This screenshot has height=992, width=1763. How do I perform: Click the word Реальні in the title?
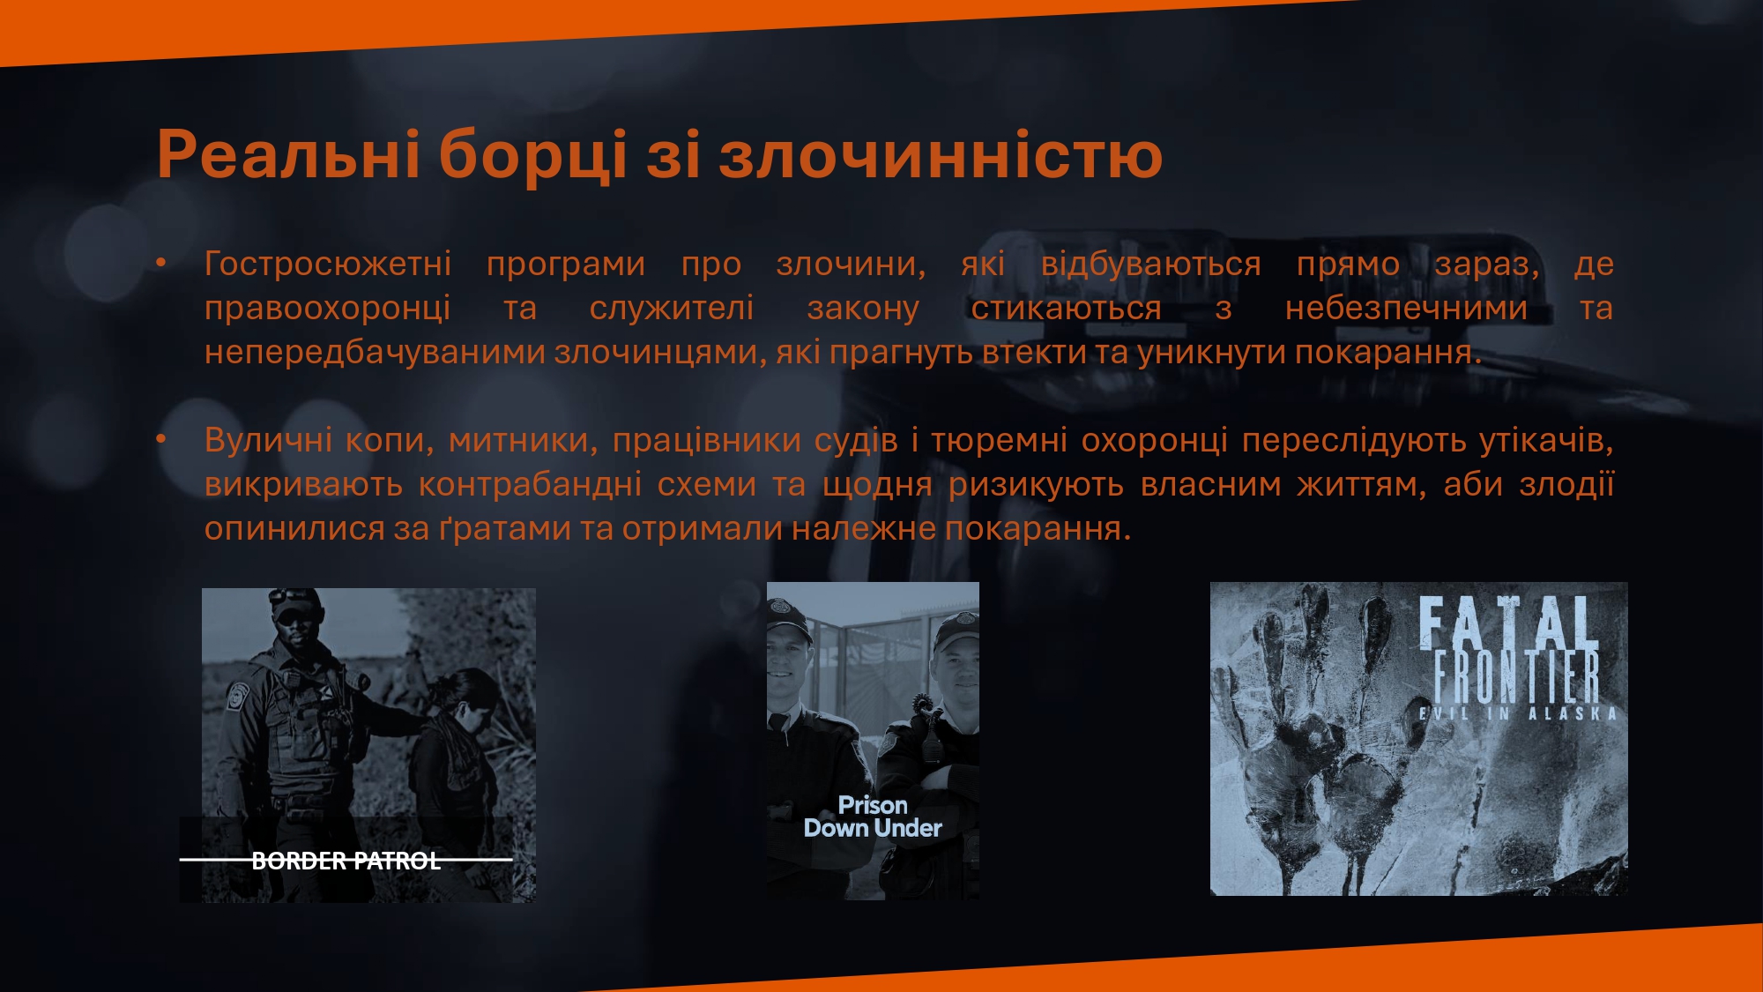tap(288, 153)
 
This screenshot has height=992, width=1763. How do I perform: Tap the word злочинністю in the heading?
tap(941, 153)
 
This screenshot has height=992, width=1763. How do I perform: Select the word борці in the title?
tap(533, 155)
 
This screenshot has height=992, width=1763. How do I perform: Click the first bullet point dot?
tap(161, 263)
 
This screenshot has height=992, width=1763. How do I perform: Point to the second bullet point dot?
tap(161, 438)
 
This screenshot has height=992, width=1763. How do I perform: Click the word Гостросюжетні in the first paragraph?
tap(328, 264)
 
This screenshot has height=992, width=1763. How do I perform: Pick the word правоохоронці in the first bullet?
tap(328, 309)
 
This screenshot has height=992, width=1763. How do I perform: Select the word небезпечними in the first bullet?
tap(1406, 308)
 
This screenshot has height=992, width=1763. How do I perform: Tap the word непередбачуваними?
tap(376, 353)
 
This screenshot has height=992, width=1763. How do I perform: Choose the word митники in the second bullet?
tap(523, 440)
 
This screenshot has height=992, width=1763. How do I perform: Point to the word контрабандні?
tap(530, 484)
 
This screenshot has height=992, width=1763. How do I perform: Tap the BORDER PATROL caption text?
tap(346, 861)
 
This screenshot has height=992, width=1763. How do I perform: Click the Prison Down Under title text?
tap(873, 817)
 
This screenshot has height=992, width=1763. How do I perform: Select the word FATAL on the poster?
tap(1508, 623)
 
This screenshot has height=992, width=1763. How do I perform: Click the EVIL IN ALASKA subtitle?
tap(1518, 713)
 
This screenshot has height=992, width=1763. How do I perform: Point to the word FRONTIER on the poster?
tap(1517, 677)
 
